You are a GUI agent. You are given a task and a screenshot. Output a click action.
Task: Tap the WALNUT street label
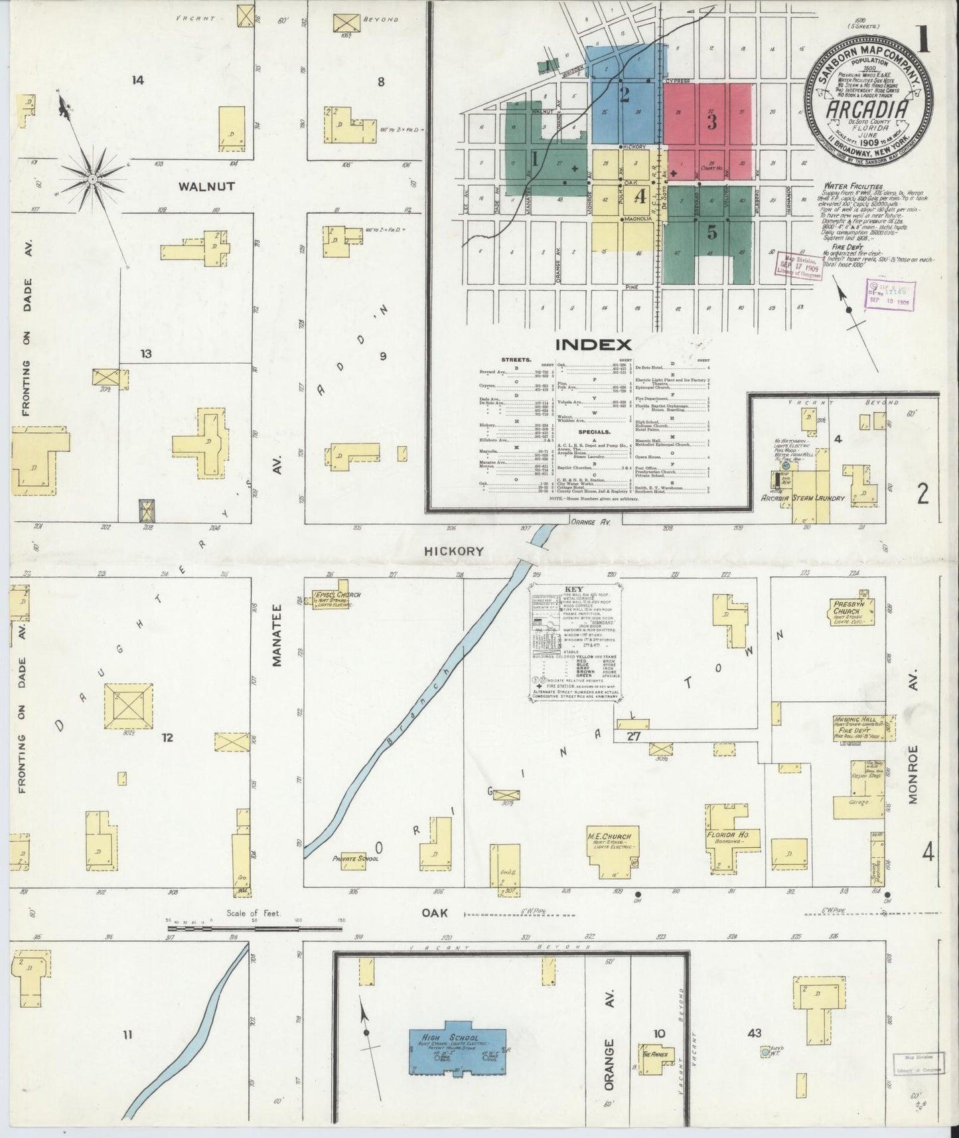206,187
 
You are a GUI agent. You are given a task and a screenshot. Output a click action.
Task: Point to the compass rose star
93,179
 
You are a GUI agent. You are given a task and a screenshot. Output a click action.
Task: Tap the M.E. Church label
609,837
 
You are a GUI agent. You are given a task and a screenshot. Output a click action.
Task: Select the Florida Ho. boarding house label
727,835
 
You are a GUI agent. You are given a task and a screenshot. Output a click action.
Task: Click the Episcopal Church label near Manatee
338,594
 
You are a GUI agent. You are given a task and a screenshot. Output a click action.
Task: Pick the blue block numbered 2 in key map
624,95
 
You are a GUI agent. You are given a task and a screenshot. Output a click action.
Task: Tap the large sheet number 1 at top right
924,41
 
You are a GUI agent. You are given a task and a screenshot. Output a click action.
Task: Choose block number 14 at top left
137,80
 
